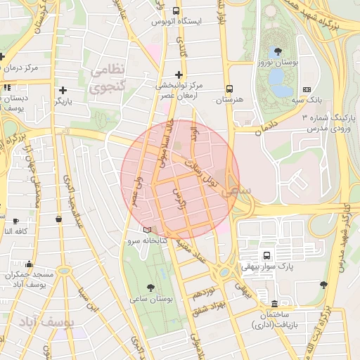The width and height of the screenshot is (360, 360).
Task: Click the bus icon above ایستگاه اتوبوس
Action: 176,11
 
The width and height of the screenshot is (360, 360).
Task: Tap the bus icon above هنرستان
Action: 229,89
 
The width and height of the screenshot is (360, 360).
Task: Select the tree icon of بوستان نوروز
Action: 279,51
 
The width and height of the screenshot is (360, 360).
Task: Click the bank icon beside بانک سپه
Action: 307,89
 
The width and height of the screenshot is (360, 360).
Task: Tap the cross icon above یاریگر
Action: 64,89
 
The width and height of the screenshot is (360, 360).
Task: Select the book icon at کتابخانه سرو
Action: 146,229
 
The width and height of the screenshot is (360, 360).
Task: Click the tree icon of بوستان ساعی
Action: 151,287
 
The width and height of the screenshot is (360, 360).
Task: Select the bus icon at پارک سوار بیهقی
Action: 266,255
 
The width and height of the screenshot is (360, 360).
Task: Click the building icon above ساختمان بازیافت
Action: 274,304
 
